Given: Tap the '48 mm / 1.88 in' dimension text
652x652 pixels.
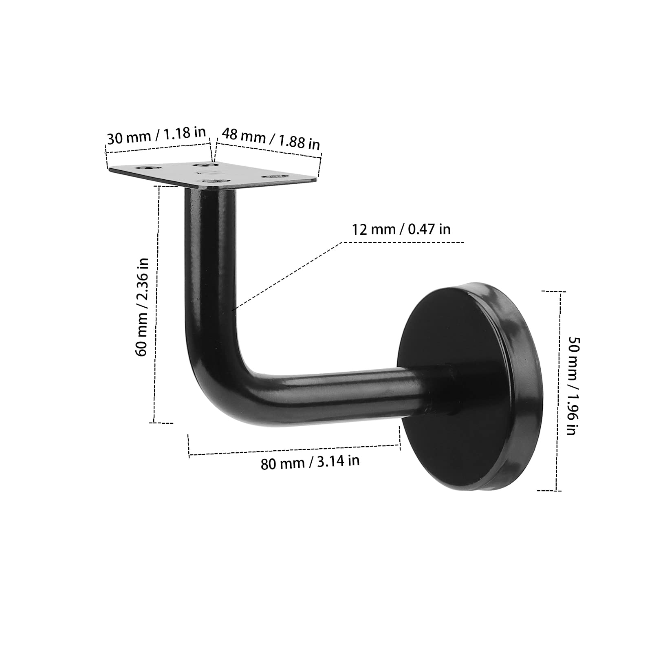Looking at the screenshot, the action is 271,139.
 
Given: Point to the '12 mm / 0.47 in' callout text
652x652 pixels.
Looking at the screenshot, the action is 401,229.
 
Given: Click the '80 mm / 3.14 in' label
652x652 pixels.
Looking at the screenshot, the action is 310,462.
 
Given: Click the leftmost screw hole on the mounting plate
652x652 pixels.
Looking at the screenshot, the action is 145,168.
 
